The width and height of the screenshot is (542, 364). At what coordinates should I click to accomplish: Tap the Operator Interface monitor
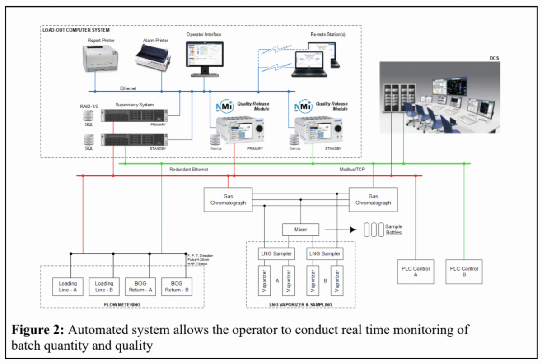point(204,56)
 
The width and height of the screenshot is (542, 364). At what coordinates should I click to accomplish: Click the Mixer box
point(300,230)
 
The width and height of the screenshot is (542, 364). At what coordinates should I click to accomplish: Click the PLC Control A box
point(416,272)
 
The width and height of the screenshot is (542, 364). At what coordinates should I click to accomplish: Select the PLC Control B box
point(464,272)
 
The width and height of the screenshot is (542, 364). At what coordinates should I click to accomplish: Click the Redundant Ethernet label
point(189,169)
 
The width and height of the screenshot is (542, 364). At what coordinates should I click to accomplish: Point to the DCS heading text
point(493,58)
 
